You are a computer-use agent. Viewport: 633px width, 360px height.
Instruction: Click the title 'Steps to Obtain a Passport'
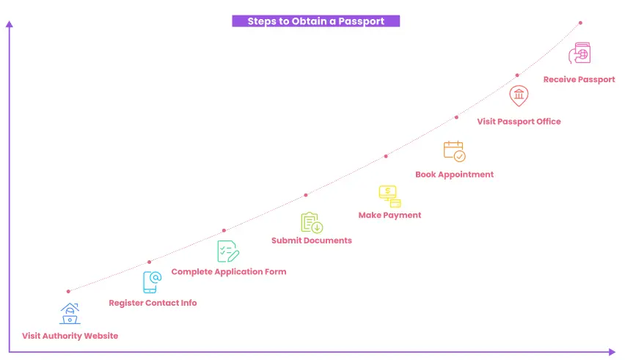click(315, 21)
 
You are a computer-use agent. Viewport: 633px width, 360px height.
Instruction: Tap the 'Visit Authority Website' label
click(70, 336)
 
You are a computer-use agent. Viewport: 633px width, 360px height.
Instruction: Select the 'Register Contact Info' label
click(153, 303)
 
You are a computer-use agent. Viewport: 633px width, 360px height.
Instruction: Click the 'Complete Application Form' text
click(229, 271)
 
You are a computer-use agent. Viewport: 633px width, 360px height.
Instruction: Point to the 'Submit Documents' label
click(312, 240)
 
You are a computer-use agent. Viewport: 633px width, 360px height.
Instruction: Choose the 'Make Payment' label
click(389, 216)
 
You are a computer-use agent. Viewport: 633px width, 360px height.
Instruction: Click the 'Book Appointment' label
click(454, 175)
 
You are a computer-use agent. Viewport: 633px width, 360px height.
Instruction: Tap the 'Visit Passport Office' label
click(519, 122)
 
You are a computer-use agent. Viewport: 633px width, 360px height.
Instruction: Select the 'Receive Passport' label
click(579, 79)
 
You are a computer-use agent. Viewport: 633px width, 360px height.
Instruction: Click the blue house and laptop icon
click(70, 314)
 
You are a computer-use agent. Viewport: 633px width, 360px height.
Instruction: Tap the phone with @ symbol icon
click(153, 282)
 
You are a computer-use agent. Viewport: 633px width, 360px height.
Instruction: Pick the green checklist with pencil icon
click(228, 251)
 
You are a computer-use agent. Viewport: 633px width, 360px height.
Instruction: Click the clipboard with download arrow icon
click(312, 223)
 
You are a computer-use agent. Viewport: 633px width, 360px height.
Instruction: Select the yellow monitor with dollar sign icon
click(389, 196)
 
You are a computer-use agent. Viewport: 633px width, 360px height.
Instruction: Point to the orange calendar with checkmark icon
click(454, 151)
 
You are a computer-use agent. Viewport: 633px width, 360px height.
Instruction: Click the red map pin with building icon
click(519, 96)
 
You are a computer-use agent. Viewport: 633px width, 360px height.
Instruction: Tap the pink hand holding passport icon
click(579, 54)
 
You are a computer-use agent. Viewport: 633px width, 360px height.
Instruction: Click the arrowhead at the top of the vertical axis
click(10, 24)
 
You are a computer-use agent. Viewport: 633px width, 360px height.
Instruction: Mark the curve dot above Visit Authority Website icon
click(68, 291)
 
